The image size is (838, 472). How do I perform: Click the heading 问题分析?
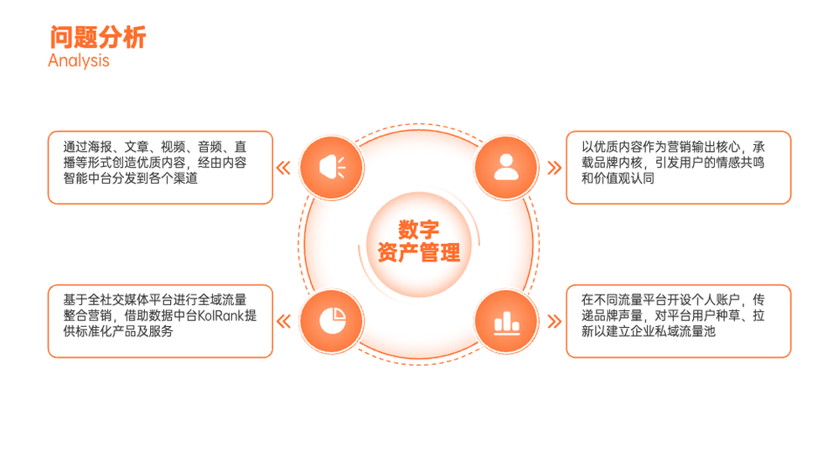(98, 37)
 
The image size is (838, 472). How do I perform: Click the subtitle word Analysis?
(79, 61)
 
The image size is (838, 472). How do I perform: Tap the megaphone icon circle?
(332, 168)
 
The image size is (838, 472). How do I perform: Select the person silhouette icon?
(506, 167)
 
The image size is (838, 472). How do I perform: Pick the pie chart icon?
(333, 321)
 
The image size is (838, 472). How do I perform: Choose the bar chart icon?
(507, 322)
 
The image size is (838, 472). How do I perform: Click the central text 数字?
(418, 230)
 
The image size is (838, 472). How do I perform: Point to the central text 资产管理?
(418, 252)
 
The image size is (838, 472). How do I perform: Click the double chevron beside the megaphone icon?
(283, 168)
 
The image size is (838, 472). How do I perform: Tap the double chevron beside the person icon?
(555, 168)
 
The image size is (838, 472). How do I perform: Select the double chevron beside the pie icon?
(283, 321)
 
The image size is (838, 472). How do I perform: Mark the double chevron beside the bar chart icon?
(555, 321)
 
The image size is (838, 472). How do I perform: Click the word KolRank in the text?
(220, 315)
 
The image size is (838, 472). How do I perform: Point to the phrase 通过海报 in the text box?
(88, 147)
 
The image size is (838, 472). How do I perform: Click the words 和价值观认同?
(618, 178)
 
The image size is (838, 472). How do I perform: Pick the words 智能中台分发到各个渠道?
(131, 178)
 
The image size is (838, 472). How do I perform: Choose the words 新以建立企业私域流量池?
(649, 331)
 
